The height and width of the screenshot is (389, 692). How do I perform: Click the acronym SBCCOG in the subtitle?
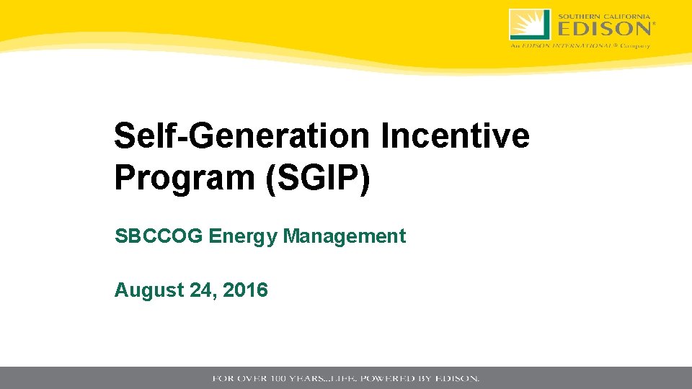(x=159, y=236)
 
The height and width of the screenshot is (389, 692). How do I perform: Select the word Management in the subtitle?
(x=345, y=236)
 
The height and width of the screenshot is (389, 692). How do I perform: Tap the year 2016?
(x=246, y=290)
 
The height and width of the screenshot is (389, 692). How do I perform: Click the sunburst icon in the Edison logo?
(x=529, y=24)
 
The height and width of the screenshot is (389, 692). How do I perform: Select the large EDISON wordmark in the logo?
(x=604, y=29)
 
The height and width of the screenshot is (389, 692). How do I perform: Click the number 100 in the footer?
(x=279, y=378)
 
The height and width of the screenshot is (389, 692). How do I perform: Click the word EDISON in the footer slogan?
(x=457, y=378)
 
